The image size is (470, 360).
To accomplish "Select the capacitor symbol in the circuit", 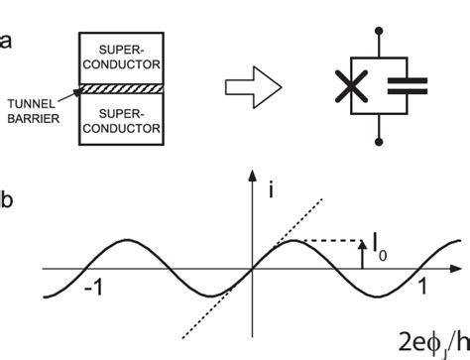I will pos(406,88).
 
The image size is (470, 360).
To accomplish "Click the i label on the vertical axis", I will pos(271,188).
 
